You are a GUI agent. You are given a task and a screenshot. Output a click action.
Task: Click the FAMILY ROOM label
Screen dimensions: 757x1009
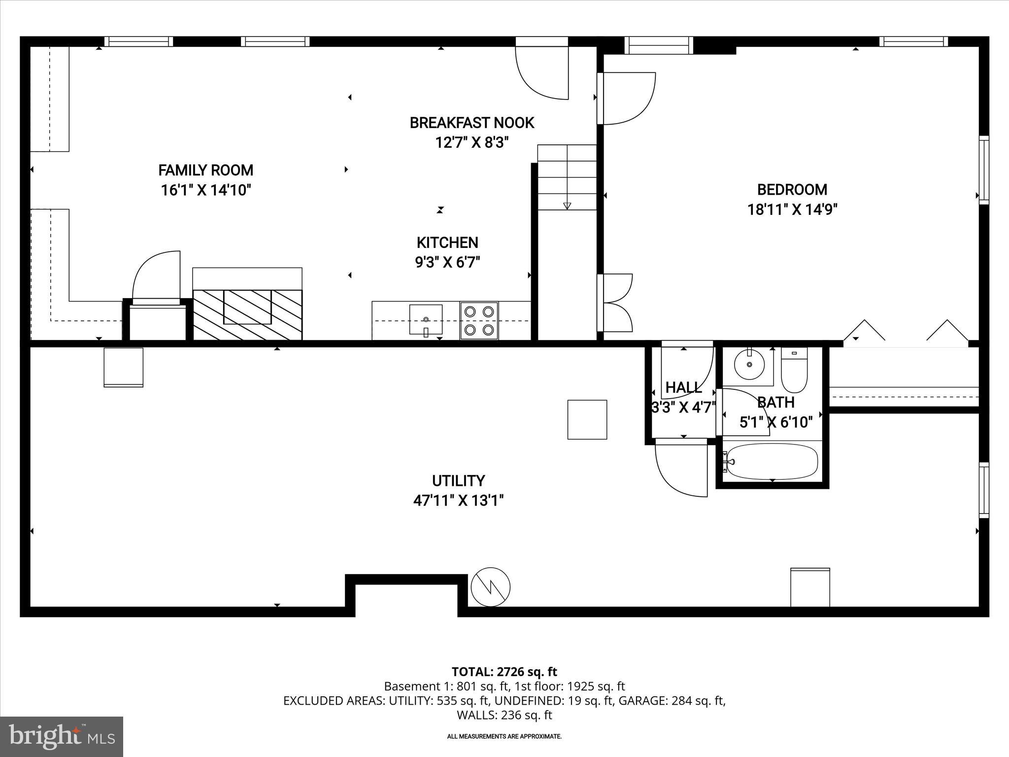(x=205, y=171)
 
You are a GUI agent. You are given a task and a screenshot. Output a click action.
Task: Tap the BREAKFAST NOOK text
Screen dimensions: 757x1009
(x=471, y=123)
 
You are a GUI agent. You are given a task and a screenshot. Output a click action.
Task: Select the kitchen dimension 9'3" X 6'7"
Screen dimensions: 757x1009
(x=447, y=262)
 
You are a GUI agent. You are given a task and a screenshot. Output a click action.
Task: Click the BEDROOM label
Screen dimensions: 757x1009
(x=792, y=190)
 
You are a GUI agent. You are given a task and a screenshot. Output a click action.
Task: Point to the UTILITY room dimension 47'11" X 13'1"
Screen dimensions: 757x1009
(x=458, y=501)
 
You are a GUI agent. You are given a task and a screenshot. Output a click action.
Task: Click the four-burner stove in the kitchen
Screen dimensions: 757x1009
(x=479, y=320)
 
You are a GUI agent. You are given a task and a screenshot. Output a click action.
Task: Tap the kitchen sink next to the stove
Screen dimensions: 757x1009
(x=426, y=320)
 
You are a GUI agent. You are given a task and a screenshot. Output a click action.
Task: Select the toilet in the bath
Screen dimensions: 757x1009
(x=794, y=370)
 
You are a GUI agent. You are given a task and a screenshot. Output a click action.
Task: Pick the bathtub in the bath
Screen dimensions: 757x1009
(x=772, y=462)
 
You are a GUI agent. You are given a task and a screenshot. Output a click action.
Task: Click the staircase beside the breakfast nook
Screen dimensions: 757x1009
(x=567, y=177)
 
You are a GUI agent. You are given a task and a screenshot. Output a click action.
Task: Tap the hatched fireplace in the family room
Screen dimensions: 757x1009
(x=247, y=314)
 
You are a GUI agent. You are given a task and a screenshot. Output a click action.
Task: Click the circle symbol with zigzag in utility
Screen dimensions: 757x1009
(x=490, y=587)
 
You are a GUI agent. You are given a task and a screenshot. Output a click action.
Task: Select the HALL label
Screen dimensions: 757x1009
(x=683, y=388)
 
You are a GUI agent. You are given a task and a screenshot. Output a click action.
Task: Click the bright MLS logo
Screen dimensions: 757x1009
(x=62, y=736)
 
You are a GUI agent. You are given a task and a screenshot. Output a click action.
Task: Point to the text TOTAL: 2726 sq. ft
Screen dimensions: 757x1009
(x=504, y=672)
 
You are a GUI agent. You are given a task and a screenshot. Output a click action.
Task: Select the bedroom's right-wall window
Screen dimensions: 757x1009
(x=983, y=170)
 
